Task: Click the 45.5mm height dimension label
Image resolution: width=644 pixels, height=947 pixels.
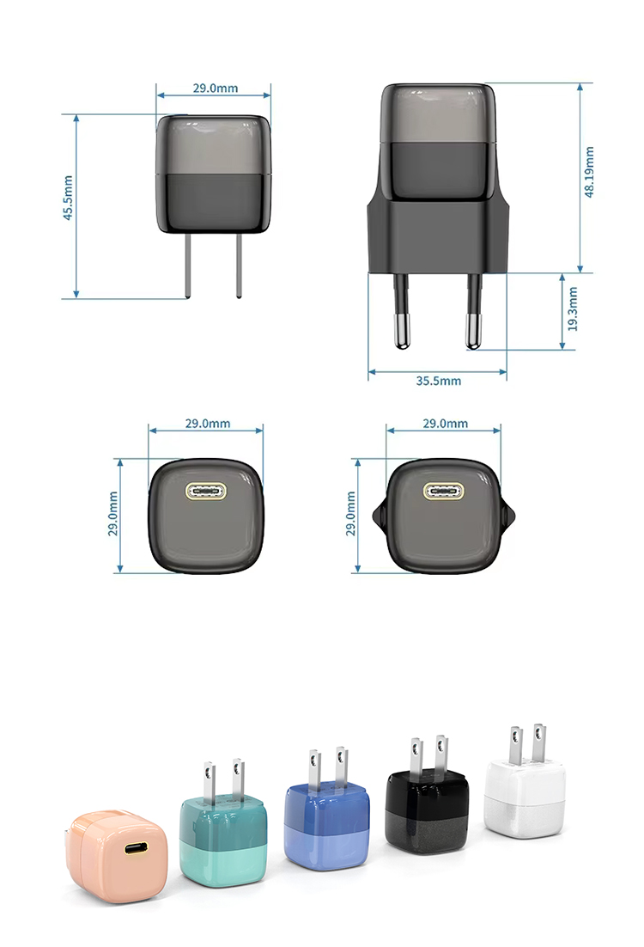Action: point(68,199)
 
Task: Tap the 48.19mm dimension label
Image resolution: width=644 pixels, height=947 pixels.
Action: point(590,172)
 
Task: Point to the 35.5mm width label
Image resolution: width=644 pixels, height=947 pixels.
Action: point(438,381)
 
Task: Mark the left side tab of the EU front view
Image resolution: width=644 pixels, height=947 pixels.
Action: point(379,515)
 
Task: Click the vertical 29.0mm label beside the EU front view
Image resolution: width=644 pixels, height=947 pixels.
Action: point(350,514)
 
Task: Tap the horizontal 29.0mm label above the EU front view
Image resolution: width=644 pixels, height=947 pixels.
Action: point(447,424)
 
